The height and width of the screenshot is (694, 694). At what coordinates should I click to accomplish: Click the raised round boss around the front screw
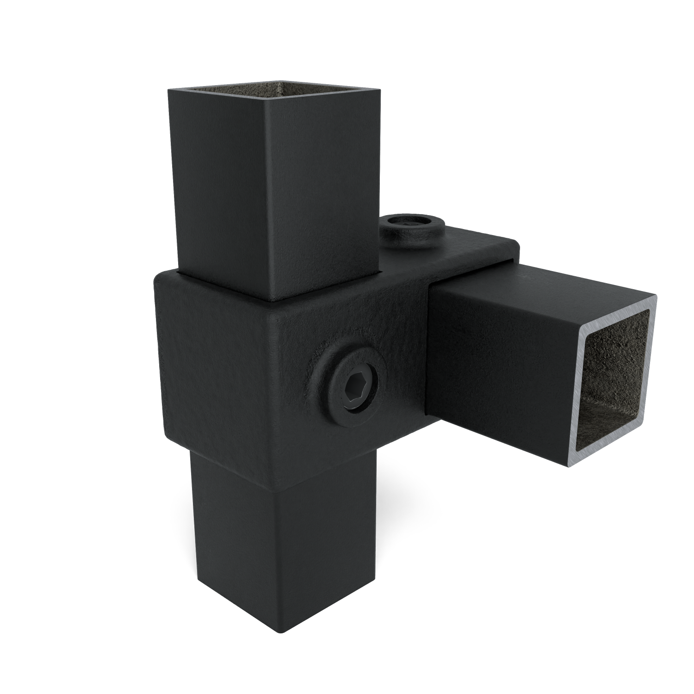click(x=329, y=366)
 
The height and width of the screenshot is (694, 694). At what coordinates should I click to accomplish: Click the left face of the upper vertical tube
click(x=217, y=185)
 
